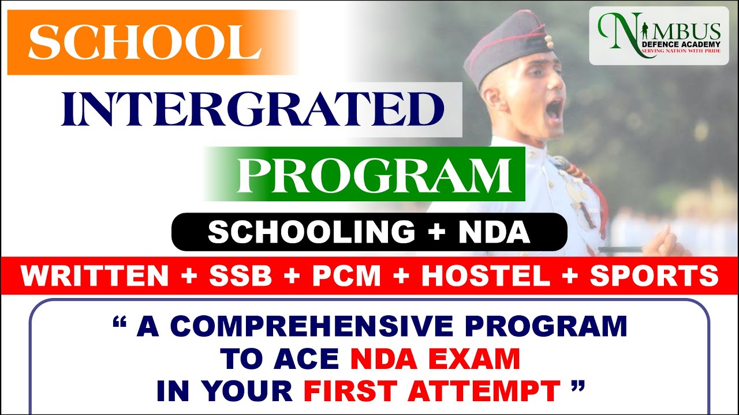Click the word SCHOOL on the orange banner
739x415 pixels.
pos(145,42)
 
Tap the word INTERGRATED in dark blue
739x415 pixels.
pos(252,110)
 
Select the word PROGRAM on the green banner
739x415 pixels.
pos(375,175)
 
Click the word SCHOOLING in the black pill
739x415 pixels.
pos(311,232)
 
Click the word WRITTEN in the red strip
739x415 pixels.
pos(95,276)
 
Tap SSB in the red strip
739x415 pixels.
pos(241,276)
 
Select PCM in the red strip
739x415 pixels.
pos(346,276)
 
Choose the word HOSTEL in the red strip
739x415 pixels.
pos(486,276)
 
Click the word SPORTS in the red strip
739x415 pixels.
pos(654,276)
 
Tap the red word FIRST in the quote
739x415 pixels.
pos(350,391)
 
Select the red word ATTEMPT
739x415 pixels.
pos(482,391)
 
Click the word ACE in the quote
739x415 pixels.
pos(307,359)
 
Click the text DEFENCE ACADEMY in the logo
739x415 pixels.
pos(682,44)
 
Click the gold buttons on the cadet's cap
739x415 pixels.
pos(548,42)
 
